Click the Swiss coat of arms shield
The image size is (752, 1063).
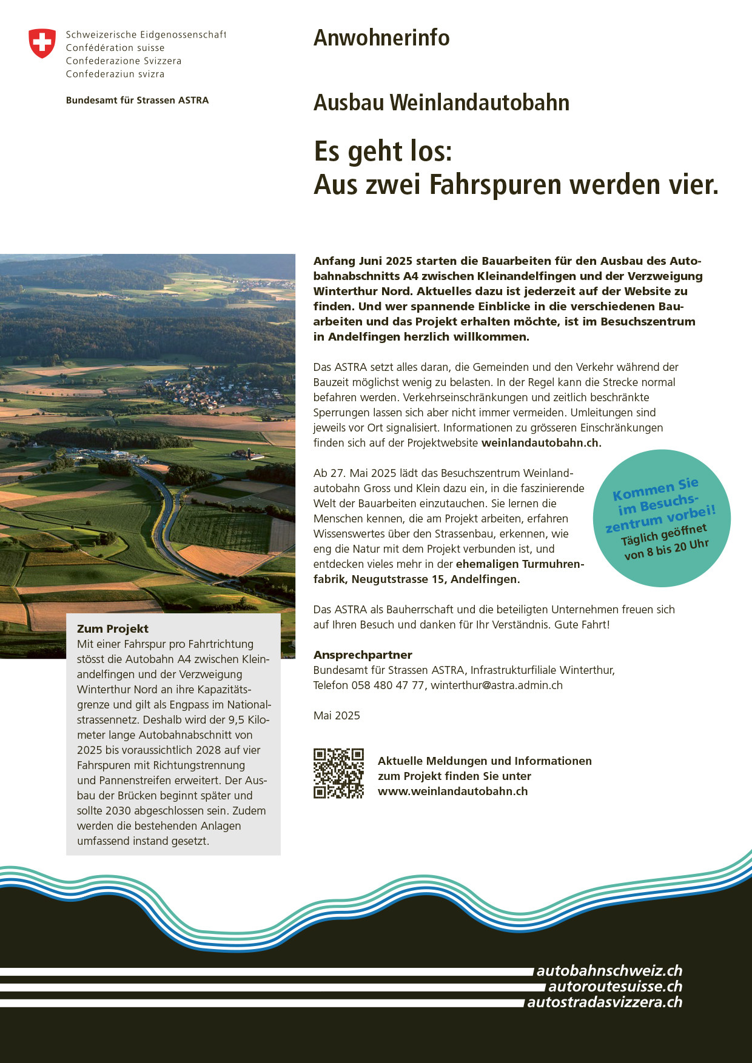tap(42, 44)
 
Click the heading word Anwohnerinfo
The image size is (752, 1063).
tap(381, 38)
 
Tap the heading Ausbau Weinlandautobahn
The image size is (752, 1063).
tap(441, 102)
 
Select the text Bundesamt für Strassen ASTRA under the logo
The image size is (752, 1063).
tap(137, 101)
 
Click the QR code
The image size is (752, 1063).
tap(338, 773)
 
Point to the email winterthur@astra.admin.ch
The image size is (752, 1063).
tap(496, 685)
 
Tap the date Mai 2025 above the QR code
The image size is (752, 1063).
tap(337, 716)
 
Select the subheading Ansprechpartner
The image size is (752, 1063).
tap(363, 655)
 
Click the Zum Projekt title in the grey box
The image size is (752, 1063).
tap(113, 629)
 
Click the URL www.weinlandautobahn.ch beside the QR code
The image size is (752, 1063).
tap(452, 791)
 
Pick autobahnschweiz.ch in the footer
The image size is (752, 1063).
tap(609, 971)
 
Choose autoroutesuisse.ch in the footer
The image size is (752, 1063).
tap(615, 987)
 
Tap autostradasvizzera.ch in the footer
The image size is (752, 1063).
tap(605, 1002)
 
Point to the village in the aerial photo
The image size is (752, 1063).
tap(218, 391)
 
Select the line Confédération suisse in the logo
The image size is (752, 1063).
tap(115, 48)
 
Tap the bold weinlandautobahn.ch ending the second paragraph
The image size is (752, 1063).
tap(540, 443)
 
